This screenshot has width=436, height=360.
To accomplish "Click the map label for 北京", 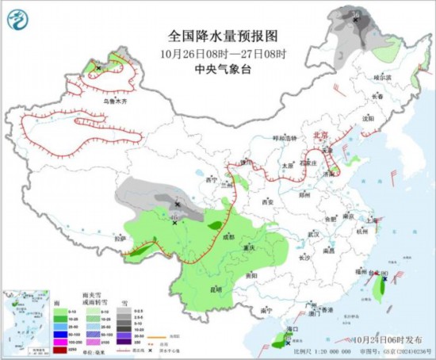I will tap(320, 135).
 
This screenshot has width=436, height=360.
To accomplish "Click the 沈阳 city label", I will tap(367, 118).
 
